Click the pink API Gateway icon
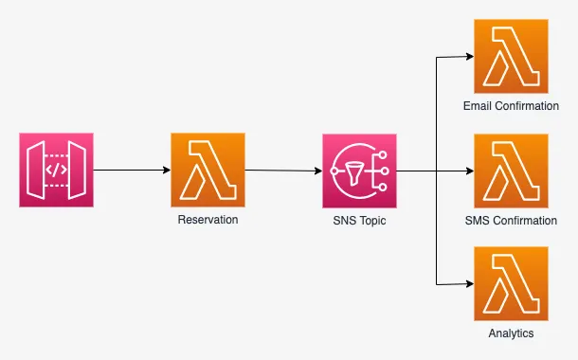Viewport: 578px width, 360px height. [x=56, y=171]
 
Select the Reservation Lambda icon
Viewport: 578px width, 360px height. [x=208, y=171]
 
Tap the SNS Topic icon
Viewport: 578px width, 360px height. [x=359, y=171]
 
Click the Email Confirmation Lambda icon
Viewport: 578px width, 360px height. [x=511, y=57]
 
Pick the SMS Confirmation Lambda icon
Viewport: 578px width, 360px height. [x=511, y=171]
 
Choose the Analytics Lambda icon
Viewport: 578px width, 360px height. [x=511, y=284]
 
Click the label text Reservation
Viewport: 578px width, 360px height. [x=208, y=220]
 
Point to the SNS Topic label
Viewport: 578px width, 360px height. [x=359, y=220]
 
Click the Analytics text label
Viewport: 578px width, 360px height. [x=511, y=333]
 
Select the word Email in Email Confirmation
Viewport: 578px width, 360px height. [x=478, y=106]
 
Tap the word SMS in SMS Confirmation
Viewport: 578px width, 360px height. [x=479, y=220]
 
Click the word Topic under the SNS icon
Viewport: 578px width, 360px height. [x=372, y=220]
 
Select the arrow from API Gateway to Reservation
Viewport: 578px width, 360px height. [x=132, y=171]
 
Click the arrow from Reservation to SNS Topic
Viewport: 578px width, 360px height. [x=283, y=171]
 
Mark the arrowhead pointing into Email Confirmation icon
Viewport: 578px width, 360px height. [x=468, y=57]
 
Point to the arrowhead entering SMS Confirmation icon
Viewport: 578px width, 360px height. [x=468, y=171]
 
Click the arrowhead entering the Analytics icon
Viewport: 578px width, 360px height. [x=468, y=284]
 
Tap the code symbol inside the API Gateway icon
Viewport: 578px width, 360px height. [x=56, y=171]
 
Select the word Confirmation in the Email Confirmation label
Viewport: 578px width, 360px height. [x=526, y=106]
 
